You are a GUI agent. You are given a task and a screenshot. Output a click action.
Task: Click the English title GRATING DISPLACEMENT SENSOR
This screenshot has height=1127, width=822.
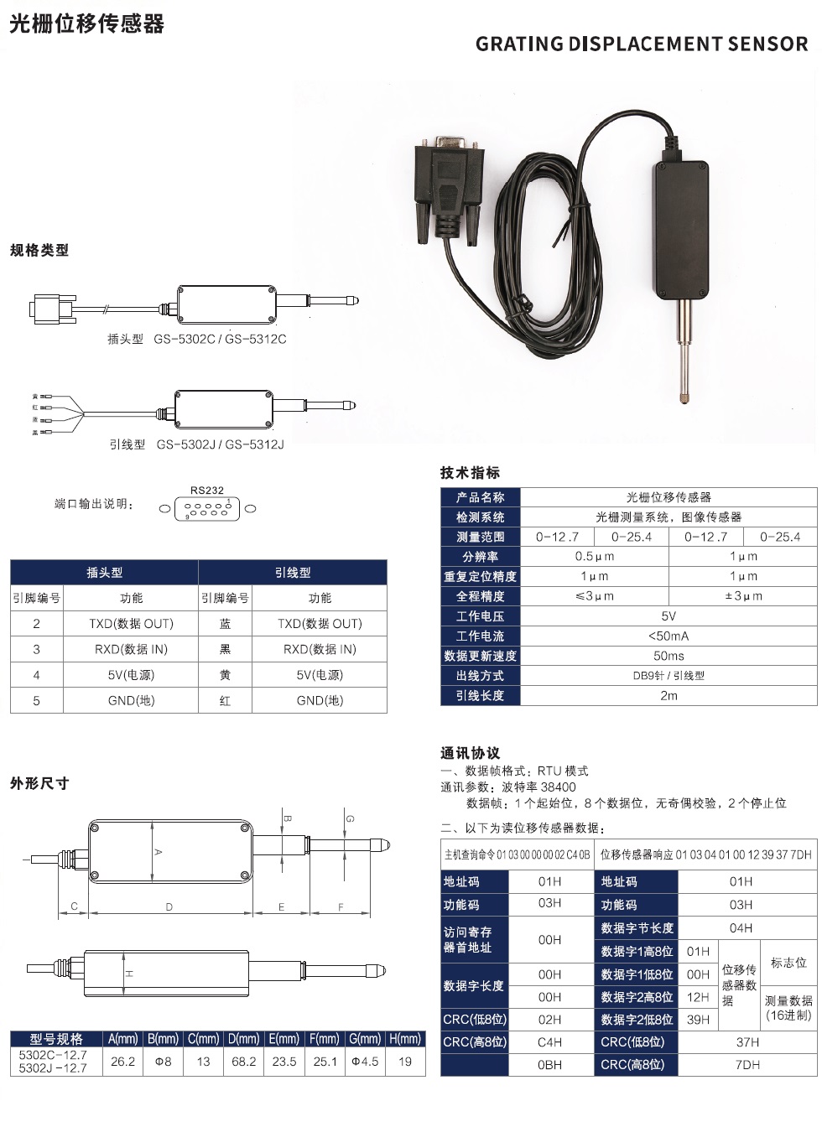642,44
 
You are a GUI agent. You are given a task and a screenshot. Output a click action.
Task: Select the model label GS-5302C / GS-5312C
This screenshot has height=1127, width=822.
220,339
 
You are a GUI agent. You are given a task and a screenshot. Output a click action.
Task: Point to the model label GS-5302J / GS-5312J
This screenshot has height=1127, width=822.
220,444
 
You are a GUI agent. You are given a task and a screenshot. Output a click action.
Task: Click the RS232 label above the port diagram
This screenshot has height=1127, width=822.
207,490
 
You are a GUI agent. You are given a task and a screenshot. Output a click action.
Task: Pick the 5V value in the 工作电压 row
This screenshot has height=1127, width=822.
669,616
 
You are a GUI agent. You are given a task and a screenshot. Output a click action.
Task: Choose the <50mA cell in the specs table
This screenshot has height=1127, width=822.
669,636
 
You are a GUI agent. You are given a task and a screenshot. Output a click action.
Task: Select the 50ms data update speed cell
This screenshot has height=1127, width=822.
669,656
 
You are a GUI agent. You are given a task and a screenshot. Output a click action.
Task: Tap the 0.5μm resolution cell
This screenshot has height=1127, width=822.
595,557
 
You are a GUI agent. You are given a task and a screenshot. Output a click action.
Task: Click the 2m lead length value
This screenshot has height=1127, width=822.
669,696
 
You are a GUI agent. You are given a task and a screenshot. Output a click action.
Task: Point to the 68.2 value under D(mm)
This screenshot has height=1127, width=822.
243,1062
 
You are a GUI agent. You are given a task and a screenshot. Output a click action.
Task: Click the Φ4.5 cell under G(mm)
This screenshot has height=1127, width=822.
365,1062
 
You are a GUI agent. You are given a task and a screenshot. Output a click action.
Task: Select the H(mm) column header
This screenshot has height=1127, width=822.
405,1038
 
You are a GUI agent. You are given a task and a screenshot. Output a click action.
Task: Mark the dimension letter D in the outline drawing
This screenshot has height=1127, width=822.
169,907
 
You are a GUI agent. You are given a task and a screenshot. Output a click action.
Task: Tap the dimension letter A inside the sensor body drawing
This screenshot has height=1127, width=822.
158,852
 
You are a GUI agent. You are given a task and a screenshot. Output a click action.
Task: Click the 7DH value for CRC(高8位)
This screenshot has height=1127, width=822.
747,1065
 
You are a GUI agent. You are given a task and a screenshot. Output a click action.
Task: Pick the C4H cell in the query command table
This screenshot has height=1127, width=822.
549,1042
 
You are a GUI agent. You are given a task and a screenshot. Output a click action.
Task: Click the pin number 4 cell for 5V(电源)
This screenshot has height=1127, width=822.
36,675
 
